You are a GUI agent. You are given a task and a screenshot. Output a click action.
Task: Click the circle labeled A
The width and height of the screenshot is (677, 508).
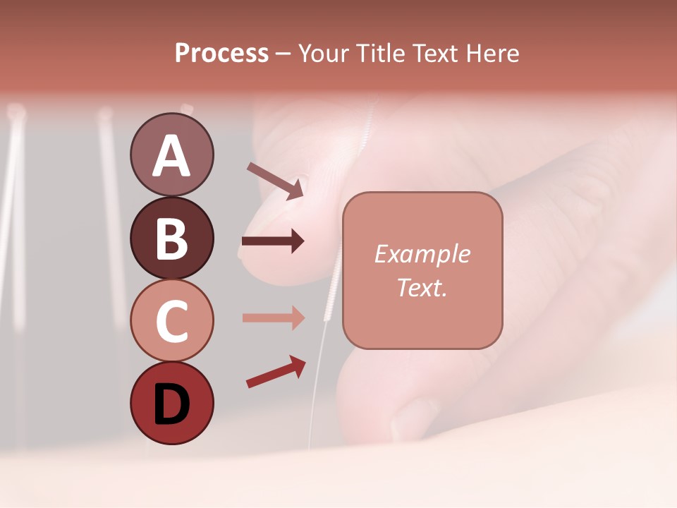tap(171, 155)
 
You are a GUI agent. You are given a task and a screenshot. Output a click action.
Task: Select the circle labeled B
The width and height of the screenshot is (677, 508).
tap(171, 238)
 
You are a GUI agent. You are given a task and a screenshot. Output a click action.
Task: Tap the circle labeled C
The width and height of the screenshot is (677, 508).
tap(171, 320)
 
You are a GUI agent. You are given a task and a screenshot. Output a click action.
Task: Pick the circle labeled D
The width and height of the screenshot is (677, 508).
tap(171, 403)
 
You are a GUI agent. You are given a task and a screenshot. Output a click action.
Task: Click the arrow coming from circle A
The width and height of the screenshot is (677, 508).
tap(275, 181)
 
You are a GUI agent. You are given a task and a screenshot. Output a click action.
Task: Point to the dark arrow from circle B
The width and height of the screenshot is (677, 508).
tap(273, 241)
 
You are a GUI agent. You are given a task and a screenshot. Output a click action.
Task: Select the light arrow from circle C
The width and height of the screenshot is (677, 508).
tap(273, 317)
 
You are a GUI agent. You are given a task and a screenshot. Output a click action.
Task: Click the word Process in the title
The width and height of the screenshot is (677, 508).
tap(221, 54)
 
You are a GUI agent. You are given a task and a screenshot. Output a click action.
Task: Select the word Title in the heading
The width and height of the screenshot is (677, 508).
tap(381, 54)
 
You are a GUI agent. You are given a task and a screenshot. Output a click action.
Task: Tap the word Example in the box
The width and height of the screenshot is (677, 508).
tap(422, 254)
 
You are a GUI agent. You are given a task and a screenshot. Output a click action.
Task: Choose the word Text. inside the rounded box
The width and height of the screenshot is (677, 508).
tap(422, 287)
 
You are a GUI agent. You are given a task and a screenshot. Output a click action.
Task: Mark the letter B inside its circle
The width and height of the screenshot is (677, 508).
tap(171, 238)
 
